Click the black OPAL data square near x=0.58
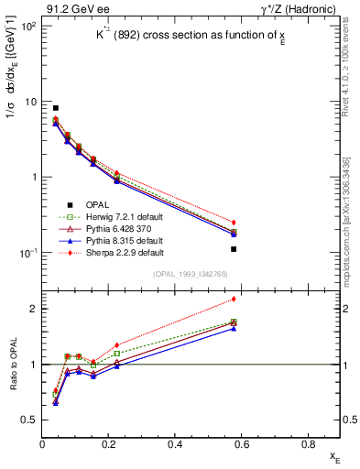(234, 248)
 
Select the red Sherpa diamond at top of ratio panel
(234, 299)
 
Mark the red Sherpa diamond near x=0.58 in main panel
(234, 223)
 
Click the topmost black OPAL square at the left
(56, 108)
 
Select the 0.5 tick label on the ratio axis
(29, 420)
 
